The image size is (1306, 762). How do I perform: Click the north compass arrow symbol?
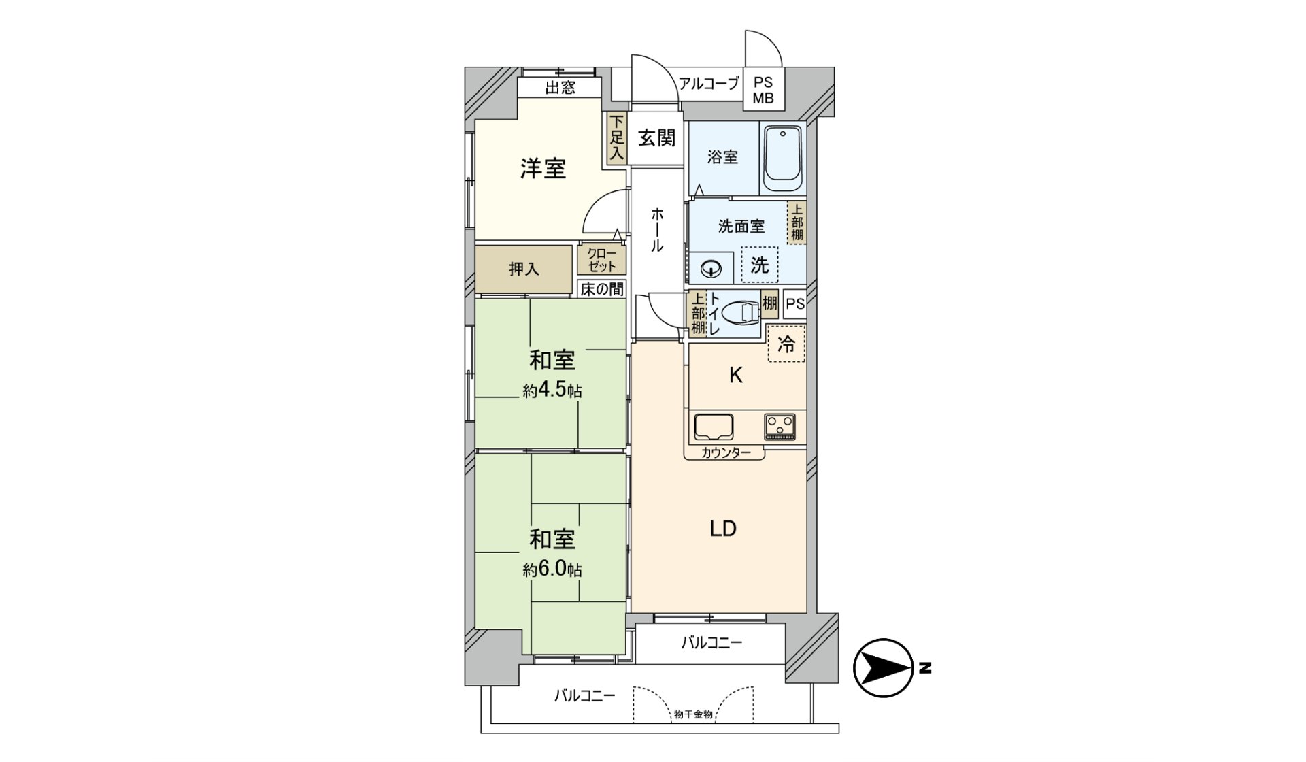(x=883, y=668)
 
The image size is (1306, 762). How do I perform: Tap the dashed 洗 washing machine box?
(x=759, y=265)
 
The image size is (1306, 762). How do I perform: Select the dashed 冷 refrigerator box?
(x=786, y=344)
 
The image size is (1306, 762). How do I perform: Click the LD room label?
(x=723, y=529)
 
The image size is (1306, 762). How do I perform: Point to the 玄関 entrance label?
(x=656, y=138)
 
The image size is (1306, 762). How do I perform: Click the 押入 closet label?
(x=524, y=269)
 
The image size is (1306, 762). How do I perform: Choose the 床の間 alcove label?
(x=601, y=289)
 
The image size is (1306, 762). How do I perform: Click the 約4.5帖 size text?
(x=552, y=391)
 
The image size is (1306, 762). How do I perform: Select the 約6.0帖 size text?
(x=552, y=569)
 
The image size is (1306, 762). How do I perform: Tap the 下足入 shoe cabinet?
(x=616, y=138)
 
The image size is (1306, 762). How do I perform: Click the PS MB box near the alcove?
(x=763, y=89)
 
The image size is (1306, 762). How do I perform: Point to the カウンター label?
(x=725, y=452)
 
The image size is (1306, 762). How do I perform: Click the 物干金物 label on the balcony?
(x=693, y=714)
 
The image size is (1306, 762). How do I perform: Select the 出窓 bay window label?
(x=560, y=88)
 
